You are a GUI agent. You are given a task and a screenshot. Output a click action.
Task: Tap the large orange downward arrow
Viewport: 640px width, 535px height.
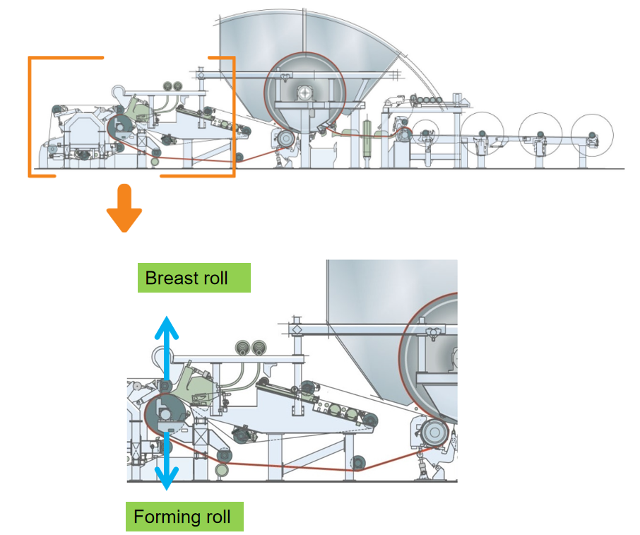124,209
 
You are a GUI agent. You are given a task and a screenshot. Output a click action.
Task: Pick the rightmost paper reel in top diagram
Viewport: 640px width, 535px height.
591,131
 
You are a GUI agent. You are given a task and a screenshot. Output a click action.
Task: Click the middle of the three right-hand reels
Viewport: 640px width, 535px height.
539,131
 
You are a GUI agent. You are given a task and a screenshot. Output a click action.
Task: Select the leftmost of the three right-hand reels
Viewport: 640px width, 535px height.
482,131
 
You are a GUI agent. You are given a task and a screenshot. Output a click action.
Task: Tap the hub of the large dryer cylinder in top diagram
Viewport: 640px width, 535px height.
304,91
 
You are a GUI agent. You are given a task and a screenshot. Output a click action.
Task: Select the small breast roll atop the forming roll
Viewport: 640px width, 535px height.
165,386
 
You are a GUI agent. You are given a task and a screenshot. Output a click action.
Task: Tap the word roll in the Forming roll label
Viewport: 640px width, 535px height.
217,517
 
